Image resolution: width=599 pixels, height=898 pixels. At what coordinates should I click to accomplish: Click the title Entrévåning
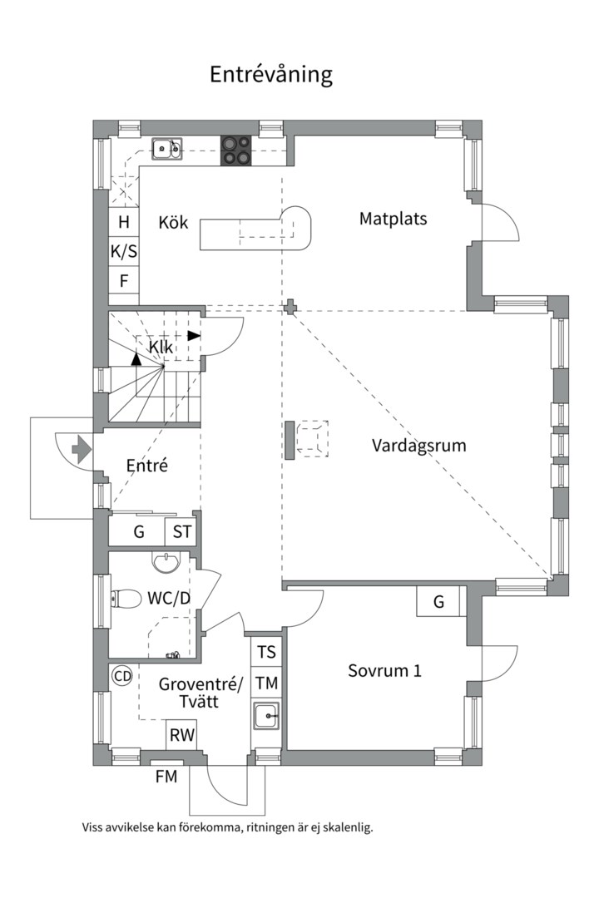coord(270,74)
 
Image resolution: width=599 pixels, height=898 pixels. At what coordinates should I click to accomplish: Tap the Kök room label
coord(174,223)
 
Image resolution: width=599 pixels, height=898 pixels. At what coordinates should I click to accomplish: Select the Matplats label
coord(393,219)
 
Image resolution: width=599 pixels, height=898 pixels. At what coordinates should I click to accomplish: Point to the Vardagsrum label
coord(418,445)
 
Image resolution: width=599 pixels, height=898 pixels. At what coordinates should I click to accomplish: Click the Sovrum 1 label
coord(384,670)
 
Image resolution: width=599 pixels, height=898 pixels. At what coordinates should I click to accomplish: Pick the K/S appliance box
coord(124,250)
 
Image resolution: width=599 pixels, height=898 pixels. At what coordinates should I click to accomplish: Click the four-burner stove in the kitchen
coord(235,150)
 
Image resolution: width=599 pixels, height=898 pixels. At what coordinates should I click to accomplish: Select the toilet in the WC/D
coord(125,598)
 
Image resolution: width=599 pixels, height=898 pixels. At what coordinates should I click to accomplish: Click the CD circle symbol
coord(122,676)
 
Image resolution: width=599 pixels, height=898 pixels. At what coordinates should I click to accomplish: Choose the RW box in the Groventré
coord(182,735)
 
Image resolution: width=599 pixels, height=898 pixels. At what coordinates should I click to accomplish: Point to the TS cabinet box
coord(266,652)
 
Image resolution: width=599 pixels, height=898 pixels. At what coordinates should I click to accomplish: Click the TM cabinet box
coord(266,683)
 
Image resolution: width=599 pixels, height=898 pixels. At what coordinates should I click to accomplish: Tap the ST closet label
coord(182,532)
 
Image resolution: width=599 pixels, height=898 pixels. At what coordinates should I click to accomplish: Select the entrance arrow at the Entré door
coord(82,450)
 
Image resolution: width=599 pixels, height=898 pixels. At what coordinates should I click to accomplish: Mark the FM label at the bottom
coord(166,777)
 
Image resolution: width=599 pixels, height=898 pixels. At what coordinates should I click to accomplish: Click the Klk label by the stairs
coord(161,346)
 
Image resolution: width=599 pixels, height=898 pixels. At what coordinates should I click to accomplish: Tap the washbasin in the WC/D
coord(166,562)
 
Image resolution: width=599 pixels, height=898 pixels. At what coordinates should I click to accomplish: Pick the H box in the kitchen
coord(124,222)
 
